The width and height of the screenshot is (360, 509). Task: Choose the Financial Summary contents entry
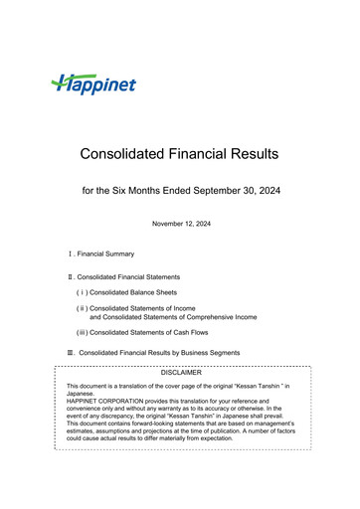108,255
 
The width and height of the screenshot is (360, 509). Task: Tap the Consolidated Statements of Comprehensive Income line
173,316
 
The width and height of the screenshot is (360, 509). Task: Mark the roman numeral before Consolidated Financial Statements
70,275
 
